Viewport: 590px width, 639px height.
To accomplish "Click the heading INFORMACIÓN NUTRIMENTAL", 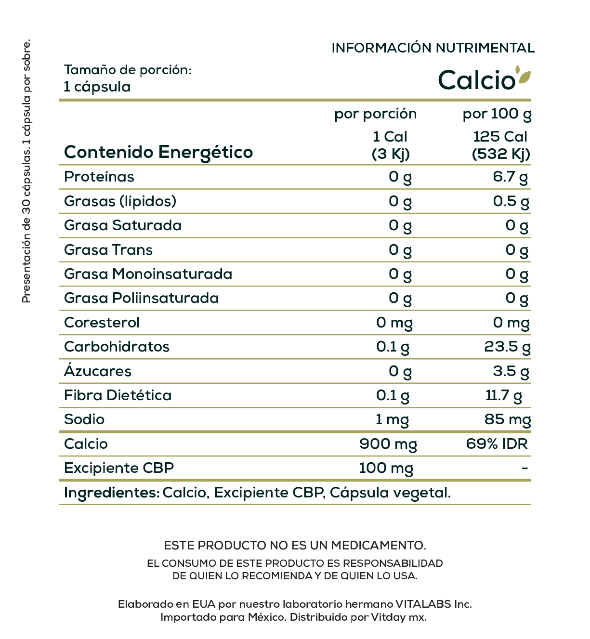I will (433, 48).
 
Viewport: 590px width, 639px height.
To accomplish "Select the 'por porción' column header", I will (375, 114).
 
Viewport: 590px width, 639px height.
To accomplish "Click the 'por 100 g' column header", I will (497, 114).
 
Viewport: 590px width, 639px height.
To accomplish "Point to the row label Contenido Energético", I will (158, 152).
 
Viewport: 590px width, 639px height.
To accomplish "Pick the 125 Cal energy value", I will (500, 137).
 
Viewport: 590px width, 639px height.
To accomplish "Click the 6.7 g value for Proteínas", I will (510, 177).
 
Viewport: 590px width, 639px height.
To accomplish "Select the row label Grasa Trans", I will (108, 250).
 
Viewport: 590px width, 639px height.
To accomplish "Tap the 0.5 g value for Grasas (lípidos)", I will (511, 201).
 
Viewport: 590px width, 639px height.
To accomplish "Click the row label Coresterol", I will (102, 323).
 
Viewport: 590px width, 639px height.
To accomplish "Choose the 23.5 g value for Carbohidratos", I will (507, 347).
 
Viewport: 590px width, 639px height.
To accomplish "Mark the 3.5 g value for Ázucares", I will (511, 371).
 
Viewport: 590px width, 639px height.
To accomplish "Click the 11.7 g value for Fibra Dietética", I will (503, 395).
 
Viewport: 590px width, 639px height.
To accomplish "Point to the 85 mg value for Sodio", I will (507, 419).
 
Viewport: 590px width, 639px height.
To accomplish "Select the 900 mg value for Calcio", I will (388, 444).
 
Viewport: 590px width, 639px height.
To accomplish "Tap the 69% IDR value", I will (497, 444).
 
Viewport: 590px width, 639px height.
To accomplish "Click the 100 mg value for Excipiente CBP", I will (386, 468).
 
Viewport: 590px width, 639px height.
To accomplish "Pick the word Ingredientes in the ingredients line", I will (111, 493).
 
